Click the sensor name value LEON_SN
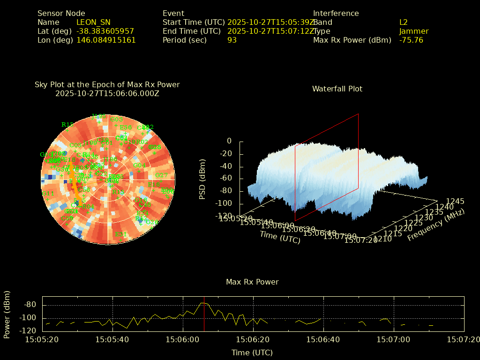point(93,22)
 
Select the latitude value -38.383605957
point(105,31)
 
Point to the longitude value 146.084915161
point(106,40)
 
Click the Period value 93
point(232,40)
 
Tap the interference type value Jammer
point(414,31)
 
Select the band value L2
point(404,22)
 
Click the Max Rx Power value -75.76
point(411,40)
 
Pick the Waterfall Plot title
point(337,89)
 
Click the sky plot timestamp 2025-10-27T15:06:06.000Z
point(107,93)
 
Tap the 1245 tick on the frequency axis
point(455,201)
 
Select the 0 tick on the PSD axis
point(229,141)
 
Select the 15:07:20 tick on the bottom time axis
point(464,339)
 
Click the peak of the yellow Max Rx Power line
point(202,303)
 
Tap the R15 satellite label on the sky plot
point(67,124)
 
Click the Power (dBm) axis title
point(7,314)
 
